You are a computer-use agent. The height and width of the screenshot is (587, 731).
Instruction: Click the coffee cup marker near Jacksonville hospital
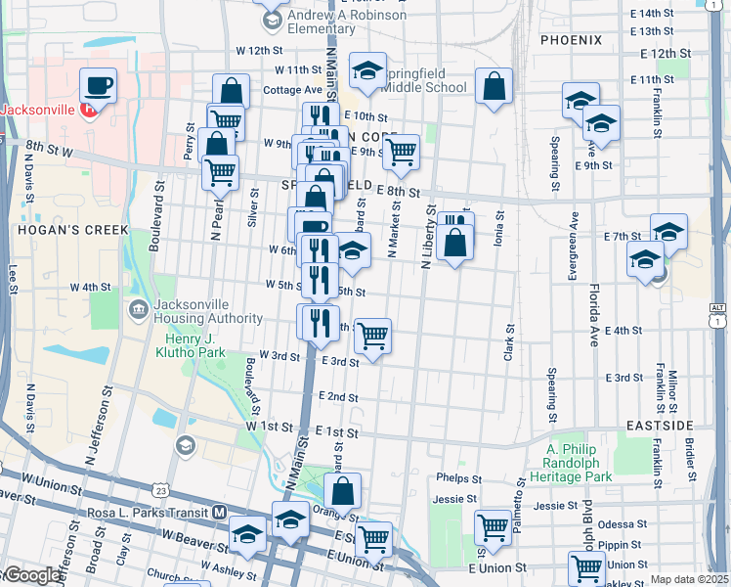pos(98,86)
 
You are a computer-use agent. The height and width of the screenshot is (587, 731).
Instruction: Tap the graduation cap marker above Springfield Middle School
pos(367,70)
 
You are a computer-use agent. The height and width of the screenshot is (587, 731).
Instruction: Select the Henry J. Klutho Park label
pos(192,345)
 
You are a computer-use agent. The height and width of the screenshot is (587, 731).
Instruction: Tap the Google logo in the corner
pos(31,576)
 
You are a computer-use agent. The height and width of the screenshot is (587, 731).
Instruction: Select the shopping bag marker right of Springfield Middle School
pos(494,86)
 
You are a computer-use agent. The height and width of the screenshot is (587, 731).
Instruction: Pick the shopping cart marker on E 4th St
pos(372,336)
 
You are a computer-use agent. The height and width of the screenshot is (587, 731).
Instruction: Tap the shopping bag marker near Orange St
pos(343,490)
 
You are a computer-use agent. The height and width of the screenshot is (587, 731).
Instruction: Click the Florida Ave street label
pos(593,314)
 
